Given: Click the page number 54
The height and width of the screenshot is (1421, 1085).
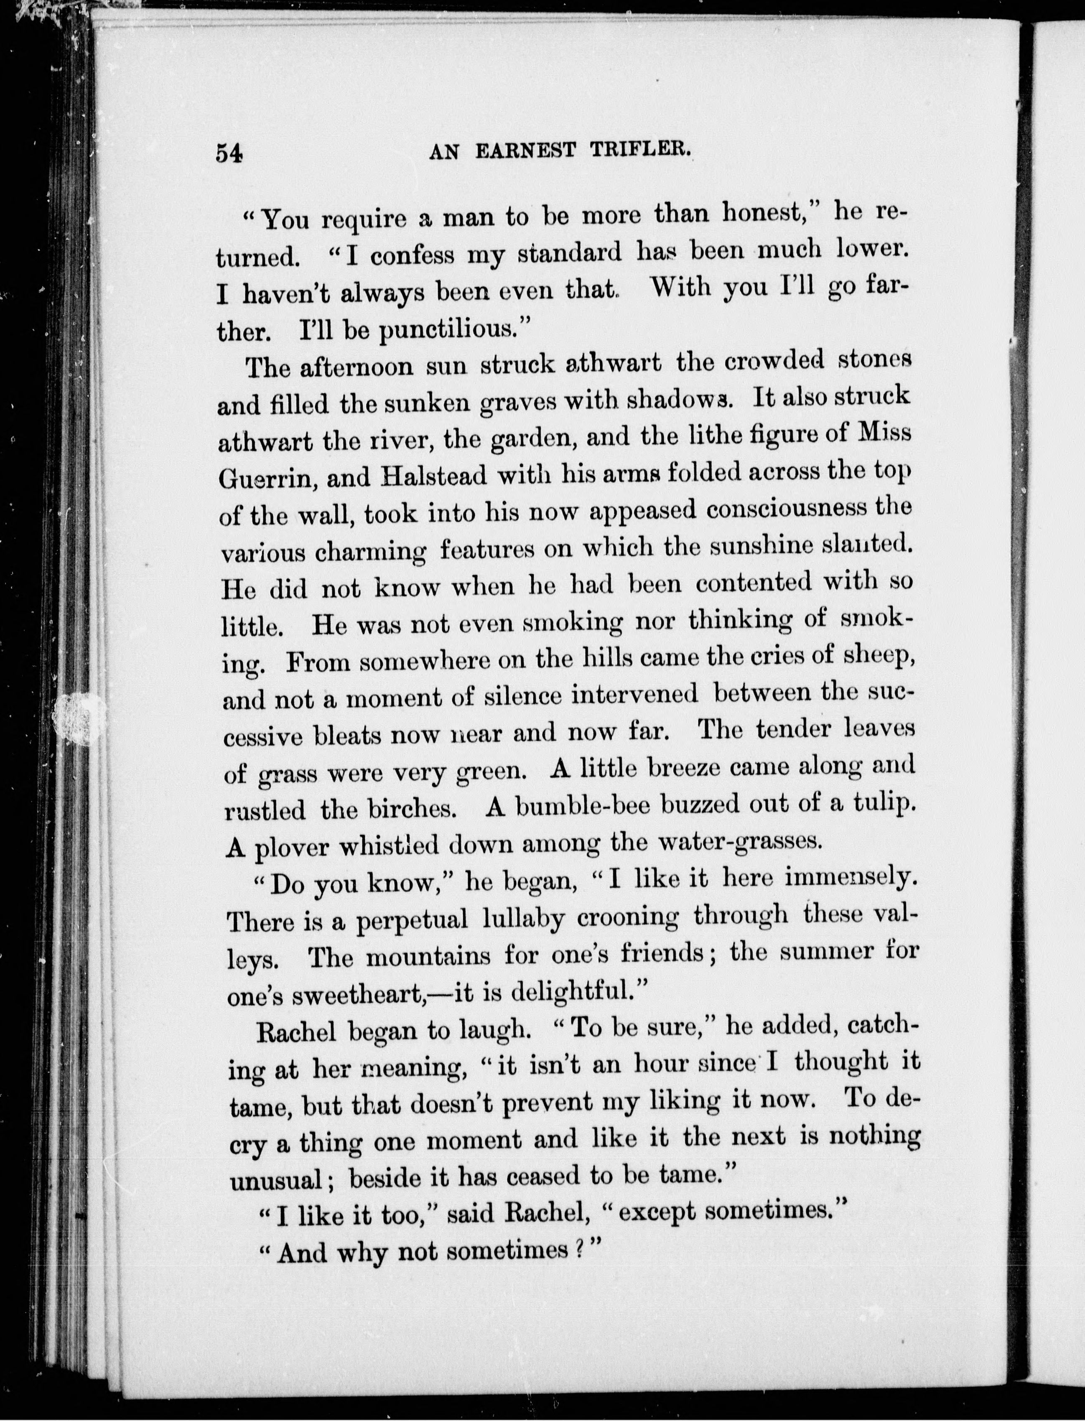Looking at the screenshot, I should click(229, 154).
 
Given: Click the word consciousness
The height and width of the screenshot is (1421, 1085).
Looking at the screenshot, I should click(786, 509).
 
